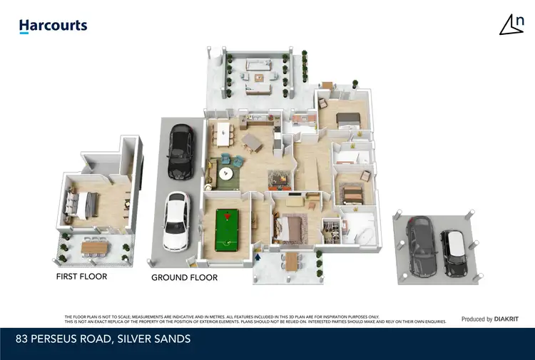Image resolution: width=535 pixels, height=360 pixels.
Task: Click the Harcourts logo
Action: click(53, 26)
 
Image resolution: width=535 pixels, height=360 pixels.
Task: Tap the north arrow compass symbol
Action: click(509, 25)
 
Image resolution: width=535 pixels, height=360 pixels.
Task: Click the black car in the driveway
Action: click(178, 151)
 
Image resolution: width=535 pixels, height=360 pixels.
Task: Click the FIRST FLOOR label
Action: click(81, 276)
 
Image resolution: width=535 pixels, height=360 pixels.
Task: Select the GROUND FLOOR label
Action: click(184, 277)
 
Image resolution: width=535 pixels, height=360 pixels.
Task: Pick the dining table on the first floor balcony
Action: click(95, 247)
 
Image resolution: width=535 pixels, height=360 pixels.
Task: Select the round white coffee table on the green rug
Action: click(226, 173)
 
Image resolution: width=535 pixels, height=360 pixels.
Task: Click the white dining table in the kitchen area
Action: click(223, 131)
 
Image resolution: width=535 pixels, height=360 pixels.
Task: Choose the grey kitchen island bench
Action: click(252, 140)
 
